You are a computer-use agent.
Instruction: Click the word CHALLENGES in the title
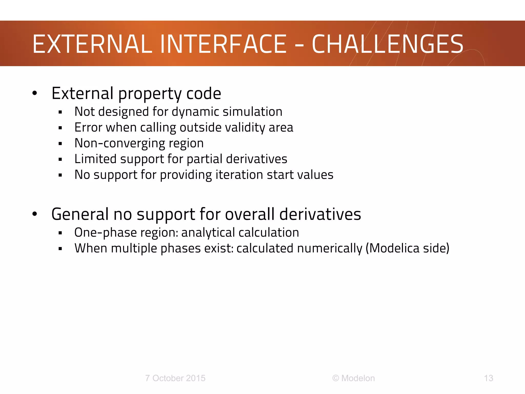point(387,44)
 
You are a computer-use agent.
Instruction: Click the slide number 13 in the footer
point(488,378)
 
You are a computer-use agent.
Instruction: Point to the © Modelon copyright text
point(354,378)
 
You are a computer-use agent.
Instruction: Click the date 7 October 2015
point(175,378)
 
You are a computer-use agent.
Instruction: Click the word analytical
point(208,233)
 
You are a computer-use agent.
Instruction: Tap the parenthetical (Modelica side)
point(407,248)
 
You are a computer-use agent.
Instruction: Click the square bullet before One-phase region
point(60,233)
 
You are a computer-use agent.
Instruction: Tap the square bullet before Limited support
point(60,159)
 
